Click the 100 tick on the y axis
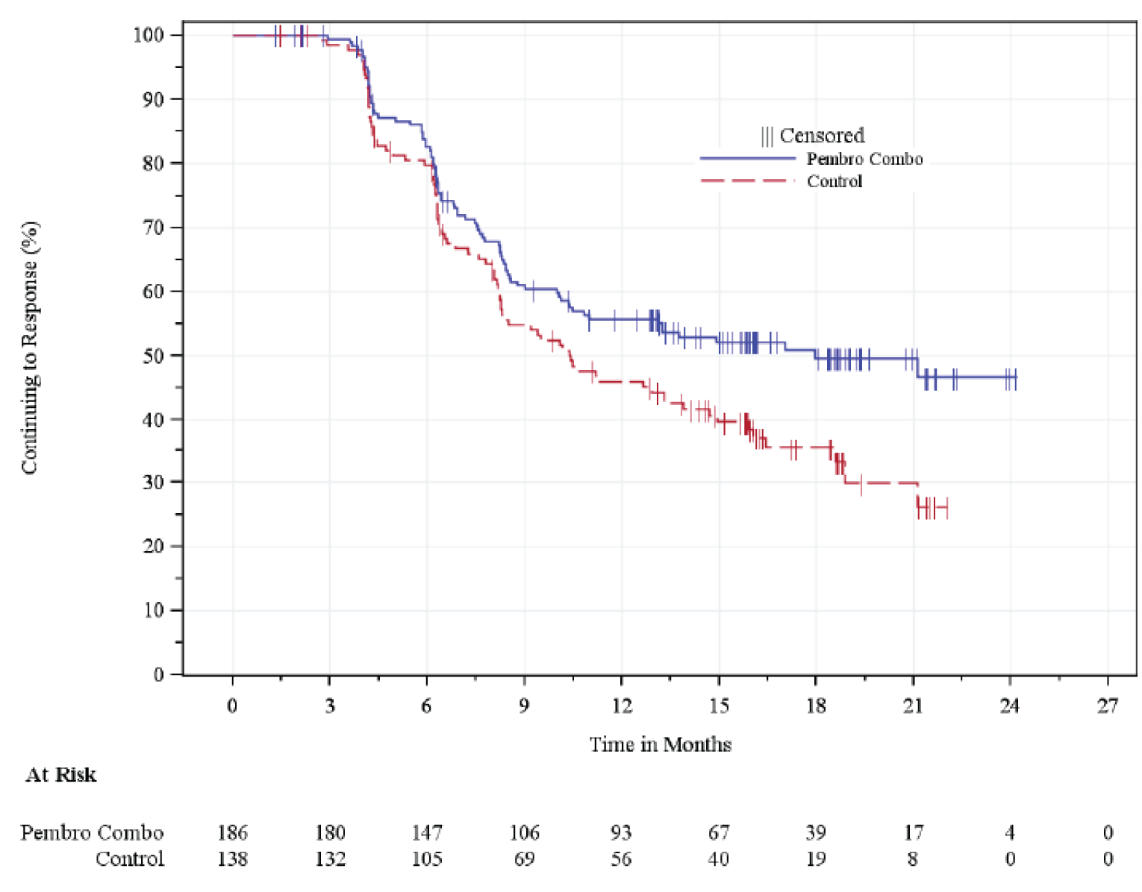pos(148,35)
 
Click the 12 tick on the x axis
pos(621,706)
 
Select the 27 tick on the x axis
pos(1107,706)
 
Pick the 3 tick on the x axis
pos(330,706)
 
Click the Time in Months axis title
pos(660,744)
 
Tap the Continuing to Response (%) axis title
pos(29,348)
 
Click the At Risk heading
pos(61,775)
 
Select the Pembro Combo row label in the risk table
pos(92,832)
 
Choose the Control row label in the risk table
pos(129,859)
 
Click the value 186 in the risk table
pos(232,832)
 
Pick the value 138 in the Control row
pos(232,859)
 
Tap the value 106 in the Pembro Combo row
pos(524,832)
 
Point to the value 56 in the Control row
pos(621,859)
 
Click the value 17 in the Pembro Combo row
pos(913,832)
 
